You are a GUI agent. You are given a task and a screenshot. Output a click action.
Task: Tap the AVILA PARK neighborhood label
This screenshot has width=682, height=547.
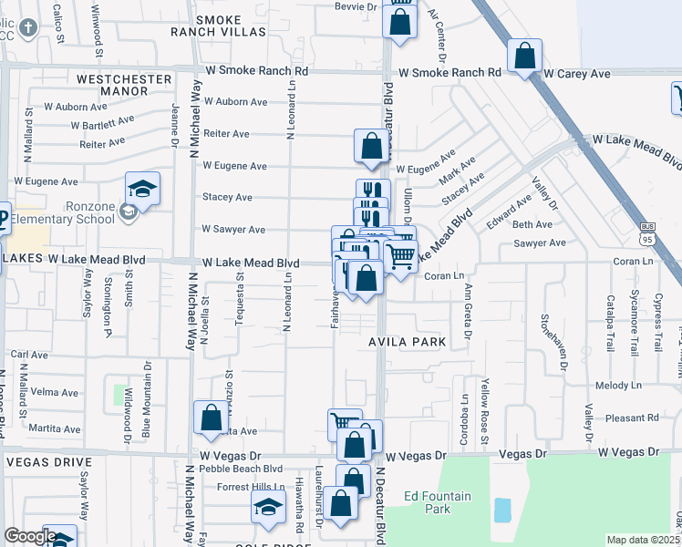(x=408, y=342)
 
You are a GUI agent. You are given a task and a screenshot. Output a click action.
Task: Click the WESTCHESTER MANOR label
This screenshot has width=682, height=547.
(x=125, y=79)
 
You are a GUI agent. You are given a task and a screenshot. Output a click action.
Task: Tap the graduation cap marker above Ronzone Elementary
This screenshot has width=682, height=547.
(x=142, y=190)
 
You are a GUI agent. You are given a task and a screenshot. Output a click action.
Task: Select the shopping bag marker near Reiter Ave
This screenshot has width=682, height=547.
(x=371, y=147)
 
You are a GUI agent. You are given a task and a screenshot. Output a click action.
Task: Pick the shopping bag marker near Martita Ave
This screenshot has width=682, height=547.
(x=211, y=418)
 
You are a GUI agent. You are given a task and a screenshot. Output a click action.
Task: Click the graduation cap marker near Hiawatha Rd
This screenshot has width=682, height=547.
(x=268, y=509)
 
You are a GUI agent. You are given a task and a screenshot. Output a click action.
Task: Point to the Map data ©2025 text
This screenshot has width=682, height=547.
(x=642, y=541)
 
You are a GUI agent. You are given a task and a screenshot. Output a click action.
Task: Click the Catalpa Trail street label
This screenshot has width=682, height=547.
(x=610, y=324)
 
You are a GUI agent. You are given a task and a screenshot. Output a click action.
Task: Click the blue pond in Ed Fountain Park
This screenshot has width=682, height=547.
(x=502, y=510)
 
